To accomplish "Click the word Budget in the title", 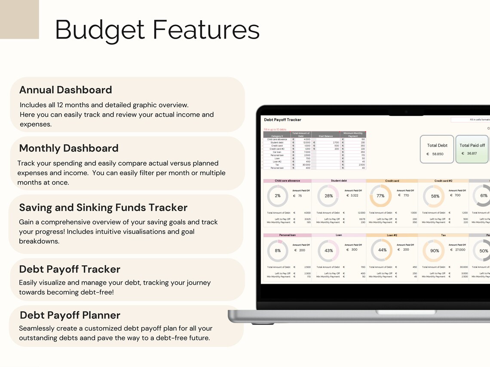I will (100, 30).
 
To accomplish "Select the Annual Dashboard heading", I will (65, 90).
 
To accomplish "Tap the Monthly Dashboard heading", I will (69, 149).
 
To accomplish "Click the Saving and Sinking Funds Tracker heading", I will (103, 208).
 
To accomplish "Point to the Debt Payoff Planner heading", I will (70, 315).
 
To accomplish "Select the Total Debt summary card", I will (437, 149).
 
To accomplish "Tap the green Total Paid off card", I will (472, 149).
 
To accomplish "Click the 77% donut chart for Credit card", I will (380, 196).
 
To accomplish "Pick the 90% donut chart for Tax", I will (434, 251).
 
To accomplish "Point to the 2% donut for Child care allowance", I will (278, 196).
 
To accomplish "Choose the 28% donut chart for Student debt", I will (328, 196).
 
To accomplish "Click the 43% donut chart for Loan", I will (328, 251).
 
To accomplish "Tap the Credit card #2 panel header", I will (443, 181).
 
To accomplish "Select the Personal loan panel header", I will (287, 235).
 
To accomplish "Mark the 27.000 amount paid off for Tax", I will (460, 250).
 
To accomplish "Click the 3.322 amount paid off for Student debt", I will (354, 195).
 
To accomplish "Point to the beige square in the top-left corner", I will (19, 19).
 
